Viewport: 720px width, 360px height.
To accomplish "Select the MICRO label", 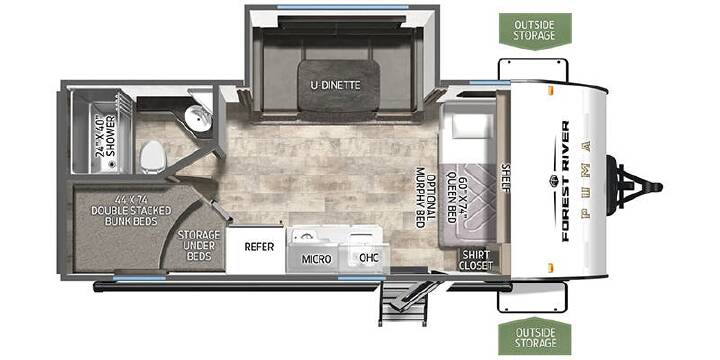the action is click(x=316, y=259).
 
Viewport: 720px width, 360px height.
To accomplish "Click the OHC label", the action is click(x=369, y=258).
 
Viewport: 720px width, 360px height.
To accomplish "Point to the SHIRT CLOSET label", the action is click(x=477, y=260).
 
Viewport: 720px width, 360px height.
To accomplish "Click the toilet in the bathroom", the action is click(x=152, y=156).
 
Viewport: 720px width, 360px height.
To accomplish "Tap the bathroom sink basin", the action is click(x=200, y=118).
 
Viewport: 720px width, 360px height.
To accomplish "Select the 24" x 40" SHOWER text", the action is click(x=105, y=136).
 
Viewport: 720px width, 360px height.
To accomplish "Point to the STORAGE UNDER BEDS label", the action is click(x=199, y=245).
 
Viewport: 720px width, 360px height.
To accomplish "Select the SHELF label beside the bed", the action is click(x=506, y=178).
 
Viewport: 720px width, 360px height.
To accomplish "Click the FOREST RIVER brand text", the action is click(x=564, y=181).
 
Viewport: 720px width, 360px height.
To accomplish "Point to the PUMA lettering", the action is click(x=586, y=180).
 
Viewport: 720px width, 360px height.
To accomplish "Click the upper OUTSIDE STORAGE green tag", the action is click(x=535, y=30).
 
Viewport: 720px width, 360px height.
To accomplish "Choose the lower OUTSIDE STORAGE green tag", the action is click(x=534, y=336).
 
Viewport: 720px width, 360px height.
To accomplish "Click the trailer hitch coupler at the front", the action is click(x=635, y=186).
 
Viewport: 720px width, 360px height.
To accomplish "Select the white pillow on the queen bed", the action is click(x=464, y=125).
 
